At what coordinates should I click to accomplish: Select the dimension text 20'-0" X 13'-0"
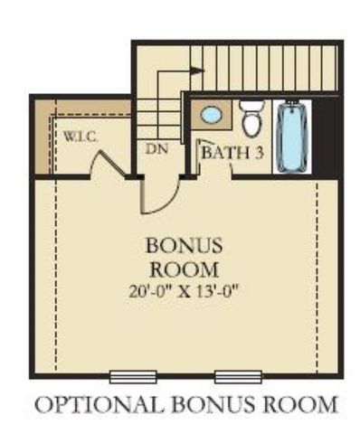[182, 291]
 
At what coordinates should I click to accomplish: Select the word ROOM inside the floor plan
[182, 269]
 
